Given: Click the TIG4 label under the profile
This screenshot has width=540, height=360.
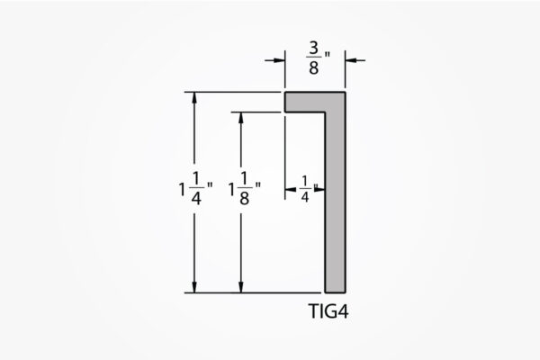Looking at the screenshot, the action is point(328,311).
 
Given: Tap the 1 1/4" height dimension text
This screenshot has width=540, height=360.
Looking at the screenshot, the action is point(195,189).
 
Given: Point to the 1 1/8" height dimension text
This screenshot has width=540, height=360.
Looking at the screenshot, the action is point(245,189).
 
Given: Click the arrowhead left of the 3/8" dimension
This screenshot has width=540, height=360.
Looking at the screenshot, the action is point(279,60).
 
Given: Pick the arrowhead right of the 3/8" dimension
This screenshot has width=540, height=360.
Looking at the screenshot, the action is point(351,60).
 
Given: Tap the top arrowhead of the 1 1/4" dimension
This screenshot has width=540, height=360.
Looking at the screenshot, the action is point(194,97).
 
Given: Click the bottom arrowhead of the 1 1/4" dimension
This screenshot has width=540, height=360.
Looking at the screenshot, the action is point(194,287).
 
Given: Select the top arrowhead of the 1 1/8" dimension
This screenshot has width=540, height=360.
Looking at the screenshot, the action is point(240,118).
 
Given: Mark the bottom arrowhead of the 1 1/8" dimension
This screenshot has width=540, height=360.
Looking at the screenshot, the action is point(240,287).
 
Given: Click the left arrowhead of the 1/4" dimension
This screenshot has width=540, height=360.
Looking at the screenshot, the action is point(291,190).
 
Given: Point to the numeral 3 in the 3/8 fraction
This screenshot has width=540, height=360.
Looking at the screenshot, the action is point(314,49).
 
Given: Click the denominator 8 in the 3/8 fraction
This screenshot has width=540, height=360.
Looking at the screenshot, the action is point(313,67).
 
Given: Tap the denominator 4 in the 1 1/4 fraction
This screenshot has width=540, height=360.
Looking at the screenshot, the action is point(196,198).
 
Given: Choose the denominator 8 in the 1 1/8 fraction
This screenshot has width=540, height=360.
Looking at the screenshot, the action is point(245,198).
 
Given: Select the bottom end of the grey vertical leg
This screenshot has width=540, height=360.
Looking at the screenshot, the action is point(336,292).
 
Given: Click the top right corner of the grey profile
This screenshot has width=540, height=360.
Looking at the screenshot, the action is point(345,93).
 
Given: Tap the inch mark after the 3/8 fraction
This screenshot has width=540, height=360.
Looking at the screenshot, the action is point(327,54).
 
